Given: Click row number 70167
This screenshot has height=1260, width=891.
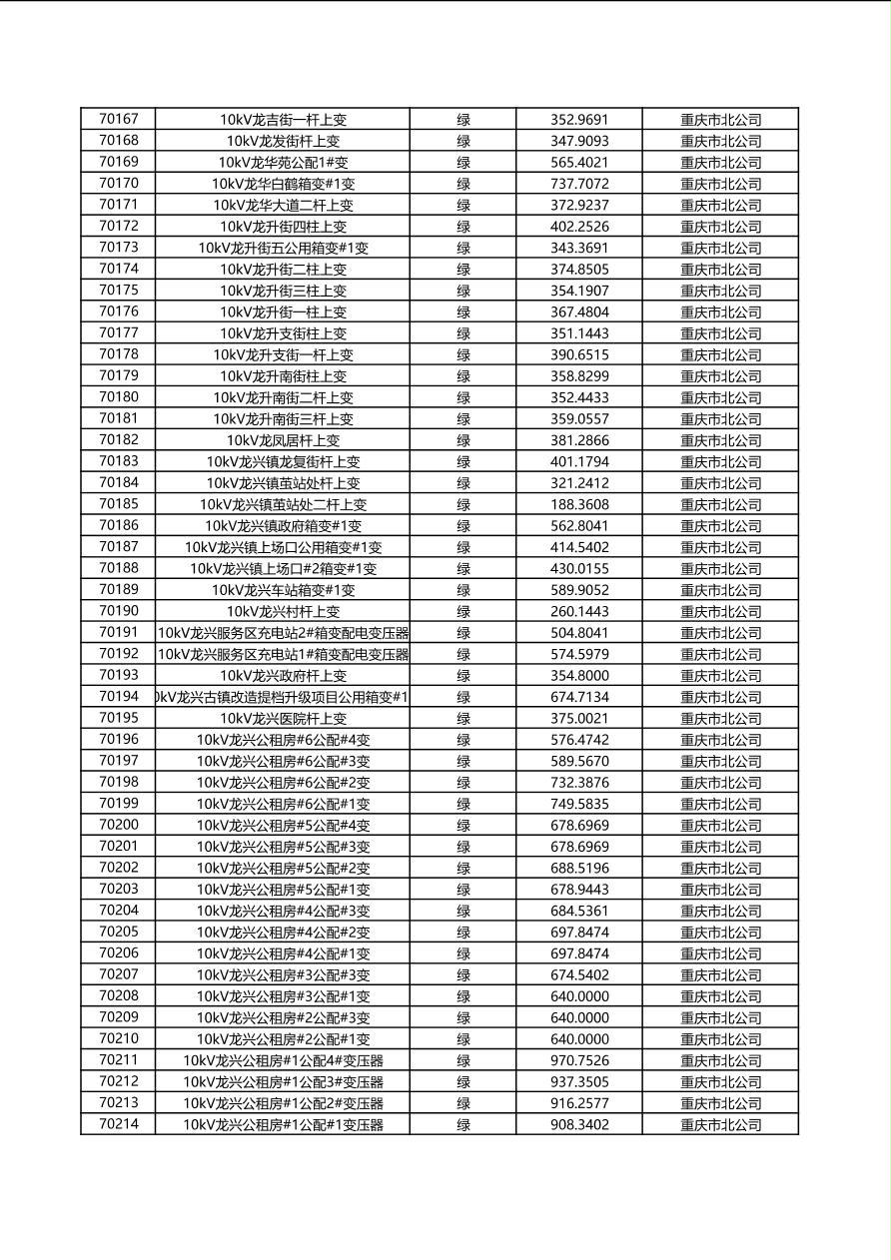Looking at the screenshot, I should [119, 119].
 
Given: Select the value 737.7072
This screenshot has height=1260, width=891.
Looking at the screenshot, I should [578, 184].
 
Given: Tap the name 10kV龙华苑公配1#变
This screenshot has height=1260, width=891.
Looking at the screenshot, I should [283, 162].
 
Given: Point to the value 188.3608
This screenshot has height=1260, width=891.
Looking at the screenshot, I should [578, 504].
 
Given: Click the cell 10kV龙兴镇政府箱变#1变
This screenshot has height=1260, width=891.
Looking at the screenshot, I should [283, 526].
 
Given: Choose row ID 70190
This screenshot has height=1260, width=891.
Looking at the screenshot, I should [119, 611].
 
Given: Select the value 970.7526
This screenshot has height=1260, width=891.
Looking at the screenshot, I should [578, 1060].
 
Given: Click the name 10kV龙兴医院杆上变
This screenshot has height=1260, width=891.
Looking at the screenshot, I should [283, 718].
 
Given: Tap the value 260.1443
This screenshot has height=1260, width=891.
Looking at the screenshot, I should [578, 611].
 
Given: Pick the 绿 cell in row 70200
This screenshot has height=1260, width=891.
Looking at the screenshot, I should [463, 826].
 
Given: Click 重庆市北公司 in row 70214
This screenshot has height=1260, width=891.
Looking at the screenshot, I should [720, 1124].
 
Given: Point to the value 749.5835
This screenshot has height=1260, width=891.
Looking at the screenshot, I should [578, 804].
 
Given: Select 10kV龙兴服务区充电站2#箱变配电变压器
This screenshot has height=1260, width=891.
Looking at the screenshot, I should [283, 633].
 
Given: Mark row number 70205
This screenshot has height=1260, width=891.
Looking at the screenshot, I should [119, 932].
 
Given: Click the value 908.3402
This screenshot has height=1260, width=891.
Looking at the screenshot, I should [578, 1124].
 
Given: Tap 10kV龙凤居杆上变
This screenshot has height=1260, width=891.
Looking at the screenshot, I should [283, 440].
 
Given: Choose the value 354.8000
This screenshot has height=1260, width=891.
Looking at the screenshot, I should [578, 676].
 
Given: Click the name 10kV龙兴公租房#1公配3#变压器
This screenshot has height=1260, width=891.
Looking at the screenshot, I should [283, 1082].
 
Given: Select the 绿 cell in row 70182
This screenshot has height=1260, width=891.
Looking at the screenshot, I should [463, 440].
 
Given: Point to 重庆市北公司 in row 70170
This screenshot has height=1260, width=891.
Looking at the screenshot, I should [720, 184].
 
